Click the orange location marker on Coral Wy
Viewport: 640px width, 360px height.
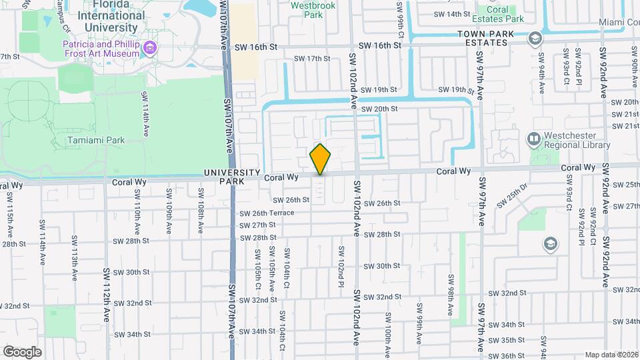coord(320,159)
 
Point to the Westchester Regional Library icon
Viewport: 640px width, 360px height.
coord(533,139)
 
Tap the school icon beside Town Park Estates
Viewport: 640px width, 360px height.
coord(534,38)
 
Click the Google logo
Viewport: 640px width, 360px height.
coord(22,351)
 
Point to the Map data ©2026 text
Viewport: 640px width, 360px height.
coord(611,355)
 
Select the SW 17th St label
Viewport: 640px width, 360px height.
coord(313,59)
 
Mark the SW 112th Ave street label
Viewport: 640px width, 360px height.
coord(106,295)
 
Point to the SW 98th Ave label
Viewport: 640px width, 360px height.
coord(451,289)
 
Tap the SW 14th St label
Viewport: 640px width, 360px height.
coord(451,14)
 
